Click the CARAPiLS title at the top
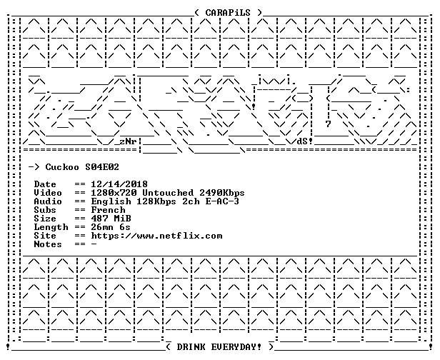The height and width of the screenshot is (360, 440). coord(228,13)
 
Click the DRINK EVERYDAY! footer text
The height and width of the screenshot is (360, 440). coord(219,347)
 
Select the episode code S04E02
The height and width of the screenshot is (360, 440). coord(102,167)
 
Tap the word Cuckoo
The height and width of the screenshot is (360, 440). coord(62,167)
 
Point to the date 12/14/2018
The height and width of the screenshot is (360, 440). coord(119,184)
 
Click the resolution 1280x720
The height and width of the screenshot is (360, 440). coord(114,193)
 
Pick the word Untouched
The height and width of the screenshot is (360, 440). coord(168,193)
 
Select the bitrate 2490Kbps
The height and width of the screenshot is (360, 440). coord(222,193)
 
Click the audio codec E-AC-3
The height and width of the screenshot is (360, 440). coord(222,201)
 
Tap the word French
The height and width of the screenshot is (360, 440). coord(109,210)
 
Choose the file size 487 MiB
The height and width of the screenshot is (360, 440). coord(111,219)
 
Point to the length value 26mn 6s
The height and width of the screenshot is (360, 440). coord(111,227)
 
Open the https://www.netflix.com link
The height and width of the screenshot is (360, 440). coord(157,236)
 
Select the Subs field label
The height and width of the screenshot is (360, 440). coord(45,210)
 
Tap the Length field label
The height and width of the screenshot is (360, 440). coord(51,227)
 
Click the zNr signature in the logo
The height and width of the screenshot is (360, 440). coord(128,141)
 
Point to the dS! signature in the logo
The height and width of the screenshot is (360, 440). coord(305,141)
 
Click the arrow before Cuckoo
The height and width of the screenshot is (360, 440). coord(34,167)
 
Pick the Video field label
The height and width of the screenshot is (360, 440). coord(48,193)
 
